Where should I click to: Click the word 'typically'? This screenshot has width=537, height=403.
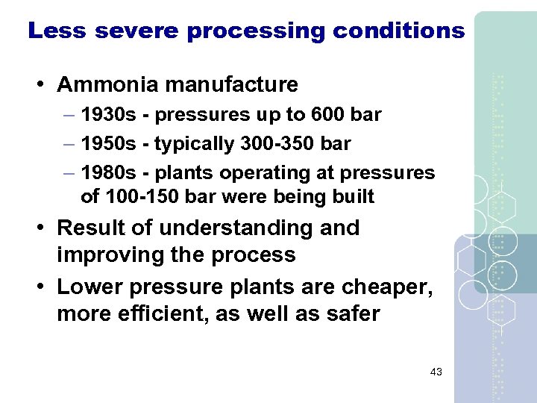click(x=186, y=144)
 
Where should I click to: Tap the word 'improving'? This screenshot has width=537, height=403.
click(x=113, y=254)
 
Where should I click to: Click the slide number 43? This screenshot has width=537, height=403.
click(x=436, y=372)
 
